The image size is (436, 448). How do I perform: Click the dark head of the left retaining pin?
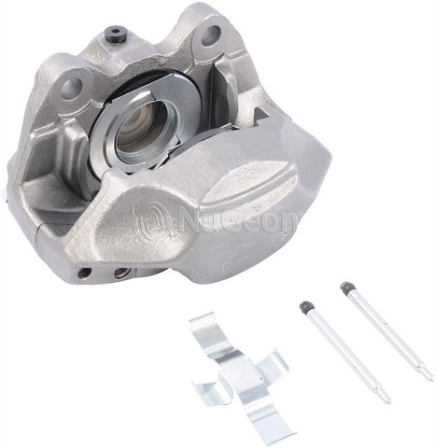(x=305, y=305)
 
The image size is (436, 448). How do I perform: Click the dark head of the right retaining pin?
(x=346, y=287)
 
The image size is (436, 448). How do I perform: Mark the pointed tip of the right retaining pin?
(x=429, y=377)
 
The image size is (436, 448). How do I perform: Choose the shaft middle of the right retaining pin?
(x=387, y=332)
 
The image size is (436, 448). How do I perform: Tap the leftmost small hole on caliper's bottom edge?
(x=85, y=273)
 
